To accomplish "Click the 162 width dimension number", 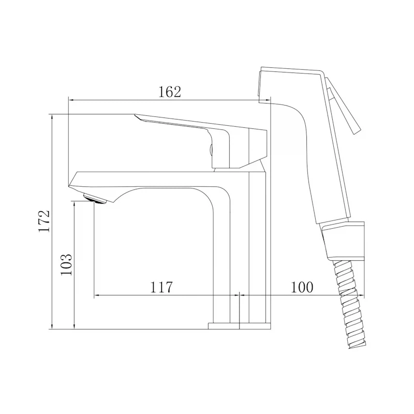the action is click(170, 92).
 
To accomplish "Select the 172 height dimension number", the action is click(44, 221).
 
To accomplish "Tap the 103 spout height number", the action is click(66, 264).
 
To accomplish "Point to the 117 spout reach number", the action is click(161, 287).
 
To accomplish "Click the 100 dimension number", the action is click(302, 287).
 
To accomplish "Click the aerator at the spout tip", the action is click(95, 199).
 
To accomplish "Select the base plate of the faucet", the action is click(240, 326).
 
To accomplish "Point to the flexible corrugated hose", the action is click(348, 304).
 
